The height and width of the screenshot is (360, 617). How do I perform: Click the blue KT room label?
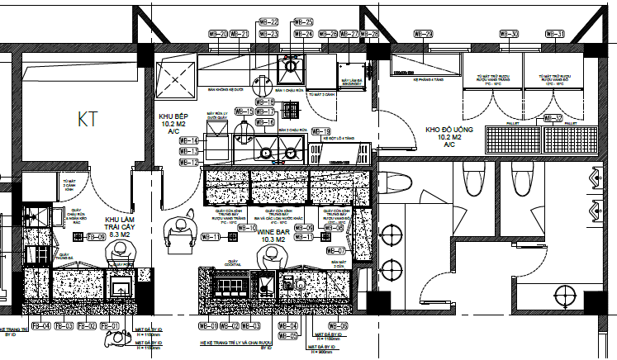coord(87,119)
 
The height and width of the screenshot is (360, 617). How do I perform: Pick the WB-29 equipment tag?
coord(423,34)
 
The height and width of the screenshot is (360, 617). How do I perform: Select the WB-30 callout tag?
coord(510,34)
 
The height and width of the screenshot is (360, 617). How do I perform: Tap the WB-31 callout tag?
coord(556,34)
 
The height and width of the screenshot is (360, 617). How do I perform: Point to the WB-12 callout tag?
coord(189,163)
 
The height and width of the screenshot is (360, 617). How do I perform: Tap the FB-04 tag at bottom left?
coord(41,326)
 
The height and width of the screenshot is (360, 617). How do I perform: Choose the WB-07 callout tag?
coord(335,250)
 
